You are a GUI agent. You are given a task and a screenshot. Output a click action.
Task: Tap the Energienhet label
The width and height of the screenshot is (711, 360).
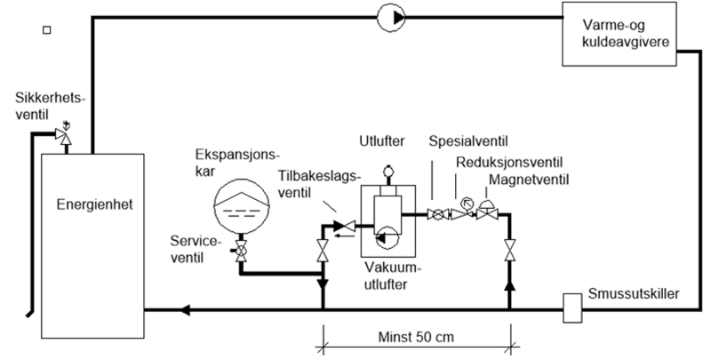tap(89, 204)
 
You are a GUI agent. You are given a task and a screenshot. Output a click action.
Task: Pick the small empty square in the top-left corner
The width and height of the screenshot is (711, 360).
tap(48, 31)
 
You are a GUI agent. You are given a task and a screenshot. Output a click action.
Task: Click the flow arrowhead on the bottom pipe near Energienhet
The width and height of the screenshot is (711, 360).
tap(186, 310)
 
